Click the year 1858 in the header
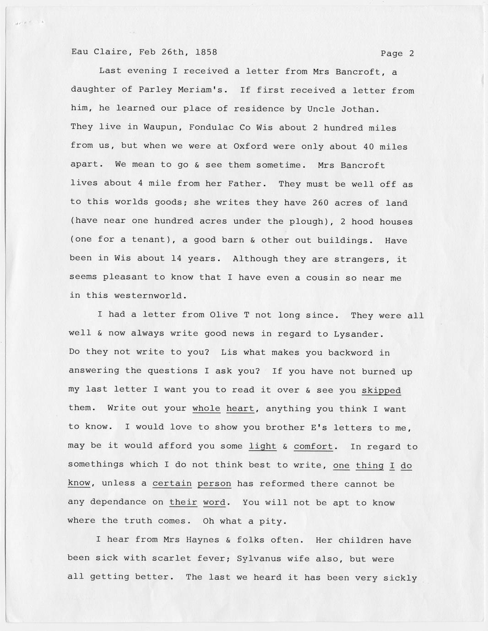click(206, 52)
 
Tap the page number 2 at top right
click(412, 54)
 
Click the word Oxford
click(250, 146)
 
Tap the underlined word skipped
click(381, 390)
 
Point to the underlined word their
click(183, 502)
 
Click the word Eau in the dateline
click(79, 52)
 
